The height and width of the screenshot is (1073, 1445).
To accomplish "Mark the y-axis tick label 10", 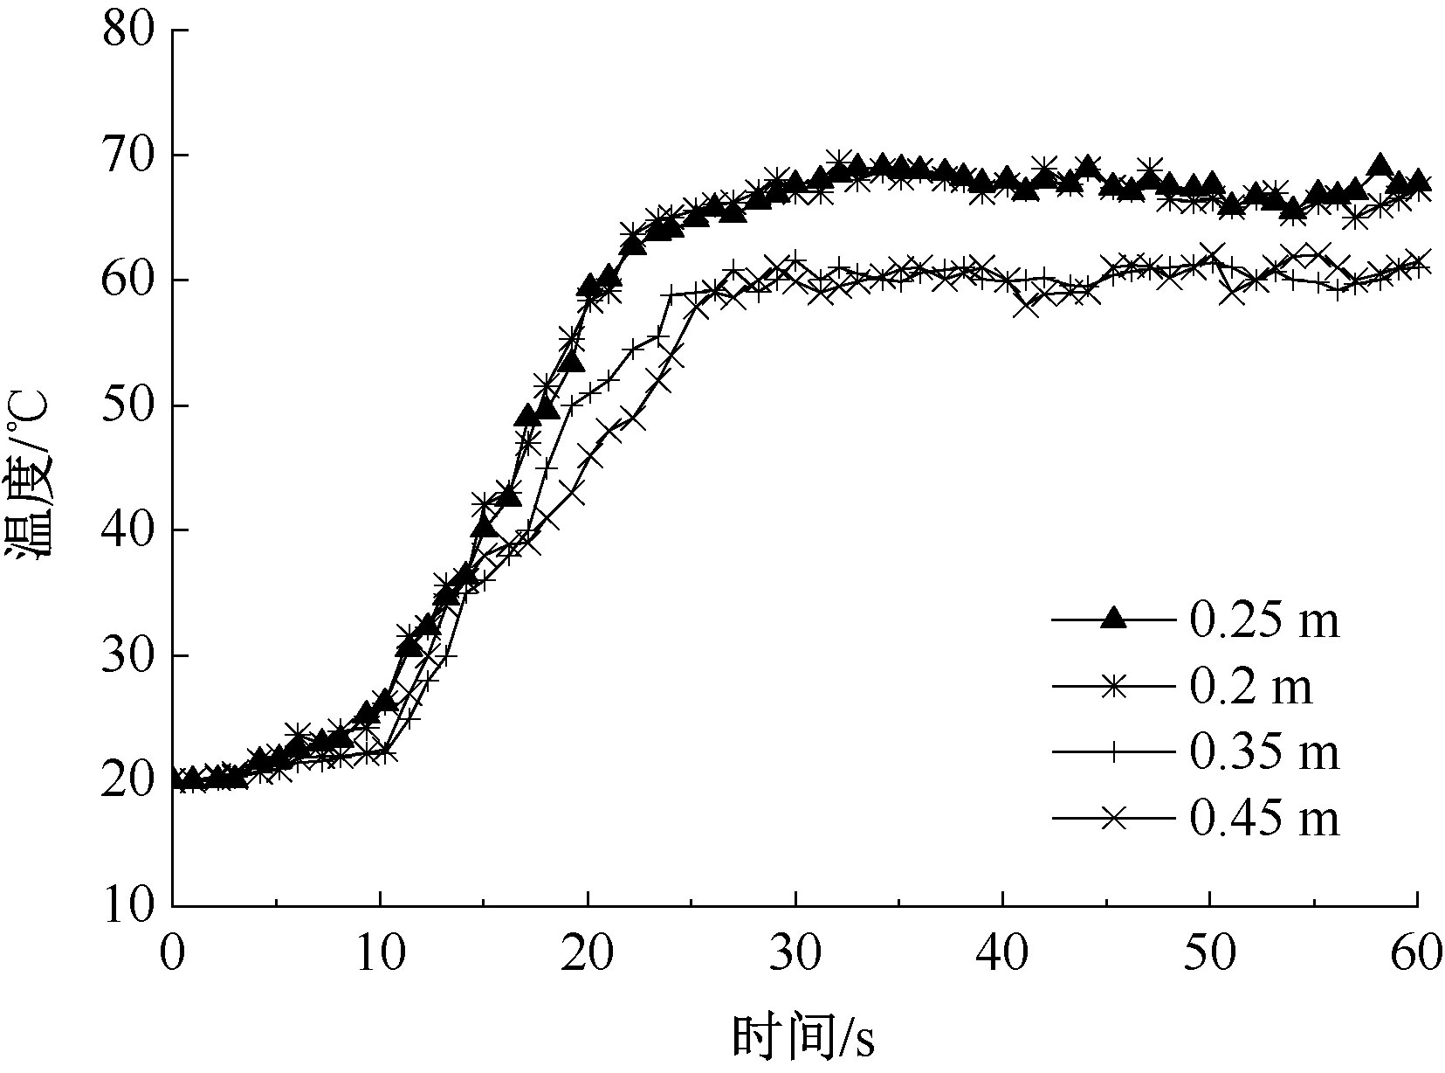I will (128, 907).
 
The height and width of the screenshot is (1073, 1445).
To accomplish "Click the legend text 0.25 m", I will (1263, 621).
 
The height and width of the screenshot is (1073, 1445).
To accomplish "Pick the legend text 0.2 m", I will (1250, 688).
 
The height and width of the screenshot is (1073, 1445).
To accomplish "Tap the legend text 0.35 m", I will (1263, 753).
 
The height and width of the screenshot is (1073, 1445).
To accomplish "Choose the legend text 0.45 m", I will (1263, 820).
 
